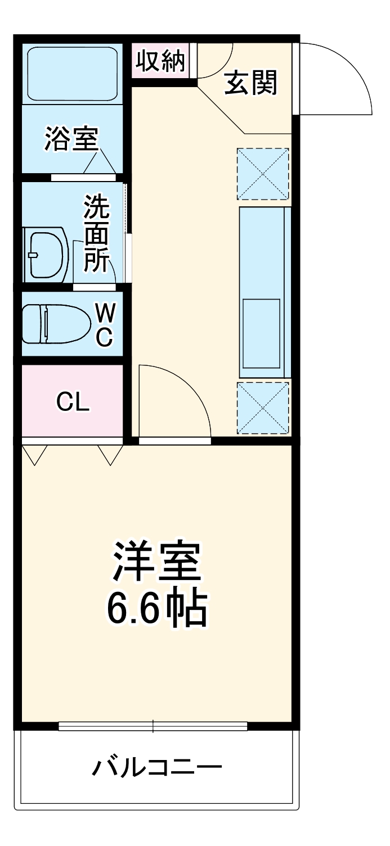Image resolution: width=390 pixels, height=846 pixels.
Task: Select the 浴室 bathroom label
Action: point(71,138)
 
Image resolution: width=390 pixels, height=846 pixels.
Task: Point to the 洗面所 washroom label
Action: point(97,233)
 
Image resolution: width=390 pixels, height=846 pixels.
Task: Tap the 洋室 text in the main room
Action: point(157,563)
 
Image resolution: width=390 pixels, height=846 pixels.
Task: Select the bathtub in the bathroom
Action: point(72,73)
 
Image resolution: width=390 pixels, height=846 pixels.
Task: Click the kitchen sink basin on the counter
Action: point(261,332)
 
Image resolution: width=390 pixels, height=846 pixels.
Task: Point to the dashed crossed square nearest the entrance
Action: point(263,174)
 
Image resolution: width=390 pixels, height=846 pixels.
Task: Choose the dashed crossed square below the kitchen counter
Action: point(263,408)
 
